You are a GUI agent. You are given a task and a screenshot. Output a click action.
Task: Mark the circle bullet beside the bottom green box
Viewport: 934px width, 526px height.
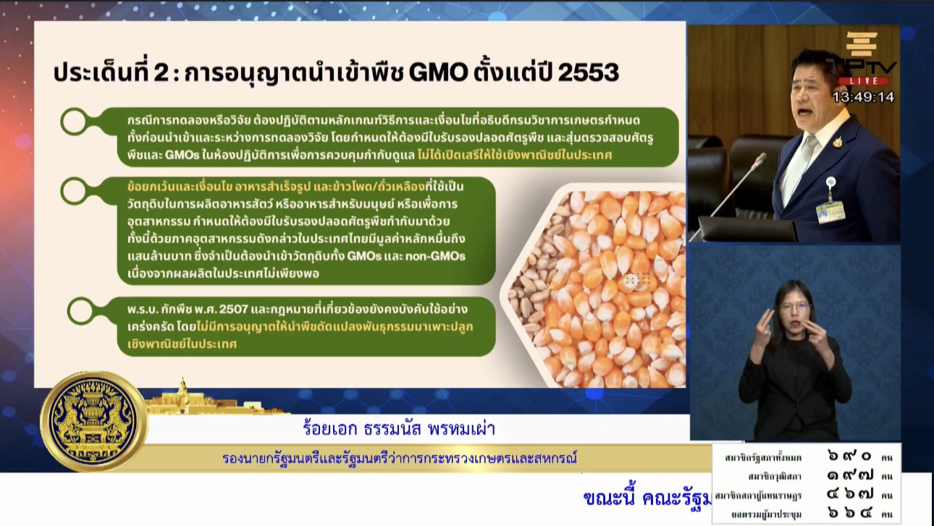80,310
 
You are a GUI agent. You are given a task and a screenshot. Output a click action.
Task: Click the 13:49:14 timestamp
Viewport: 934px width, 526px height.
863,97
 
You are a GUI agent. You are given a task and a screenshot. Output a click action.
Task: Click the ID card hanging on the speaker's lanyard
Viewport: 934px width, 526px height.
830,211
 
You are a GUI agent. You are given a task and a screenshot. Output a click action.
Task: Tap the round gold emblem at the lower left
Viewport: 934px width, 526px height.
93,422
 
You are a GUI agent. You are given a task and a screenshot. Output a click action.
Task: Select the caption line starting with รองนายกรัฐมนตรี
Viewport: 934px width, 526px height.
400,458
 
